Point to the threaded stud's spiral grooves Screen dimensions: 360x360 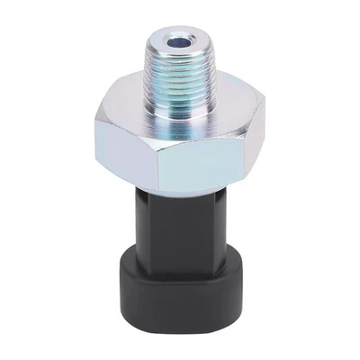coord(180,72)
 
